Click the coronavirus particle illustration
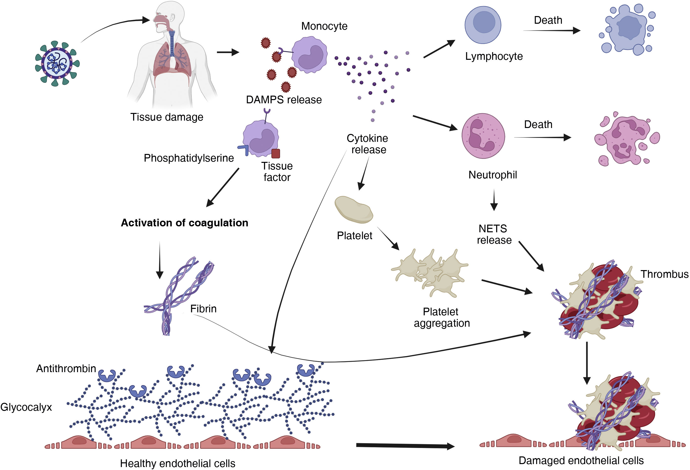coord(57,63)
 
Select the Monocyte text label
coord(324,26)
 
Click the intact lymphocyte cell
coord(483,25)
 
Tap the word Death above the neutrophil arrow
coord(538,124)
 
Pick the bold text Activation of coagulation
coord(184,223)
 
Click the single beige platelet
coord(353,210)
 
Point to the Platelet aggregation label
coord(442,317)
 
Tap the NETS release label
coord(494,234)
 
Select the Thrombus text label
coord(664,274)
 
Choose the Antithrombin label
coord(66,368)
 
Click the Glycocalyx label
coord(26,407)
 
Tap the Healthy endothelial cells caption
coord(178,463)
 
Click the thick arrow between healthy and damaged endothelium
coord(405,446)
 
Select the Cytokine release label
coord(367,144)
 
